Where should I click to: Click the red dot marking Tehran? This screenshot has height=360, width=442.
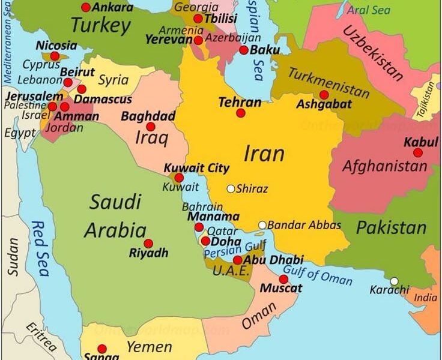click(240, 113)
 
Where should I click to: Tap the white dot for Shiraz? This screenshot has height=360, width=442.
click(231, 188)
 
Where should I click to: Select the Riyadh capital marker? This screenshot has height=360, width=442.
click(148, 244)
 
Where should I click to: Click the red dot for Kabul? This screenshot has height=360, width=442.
click(417, 152)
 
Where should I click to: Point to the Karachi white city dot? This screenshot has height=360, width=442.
click(394, 281)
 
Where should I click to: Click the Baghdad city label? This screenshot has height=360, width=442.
click(148, 116)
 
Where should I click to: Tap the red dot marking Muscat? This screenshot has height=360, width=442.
click(283, 279)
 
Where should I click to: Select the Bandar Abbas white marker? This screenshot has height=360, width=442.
click(262, 226)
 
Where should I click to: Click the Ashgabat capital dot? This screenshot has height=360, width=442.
click(324, 95)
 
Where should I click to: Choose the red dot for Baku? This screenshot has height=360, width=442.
click(244, 50)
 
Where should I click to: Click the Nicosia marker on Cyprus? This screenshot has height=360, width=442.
click(55, 56)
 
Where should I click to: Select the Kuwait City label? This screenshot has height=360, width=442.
click(196, 168)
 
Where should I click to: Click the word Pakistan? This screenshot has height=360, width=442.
click(391, 227)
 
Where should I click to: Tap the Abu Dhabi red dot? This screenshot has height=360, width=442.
click(238, 260)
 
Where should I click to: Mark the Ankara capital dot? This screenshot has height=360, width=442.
click(86, 7)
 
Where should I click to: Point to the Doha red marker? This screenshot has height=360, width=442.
click(205, 241)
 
